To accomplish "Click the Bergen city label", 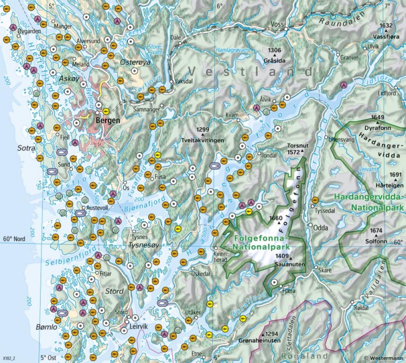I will pyautogui.click(x=108, y=121).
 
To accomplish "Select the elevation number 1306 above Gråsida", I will pyautogui.click(x=274, y=50).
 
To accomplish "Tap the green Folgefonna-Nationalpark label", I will pyautogui.click(x=261, y=242).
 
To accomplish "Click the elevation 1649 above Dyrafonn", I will pyautogui.click(x=378, y=117).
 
